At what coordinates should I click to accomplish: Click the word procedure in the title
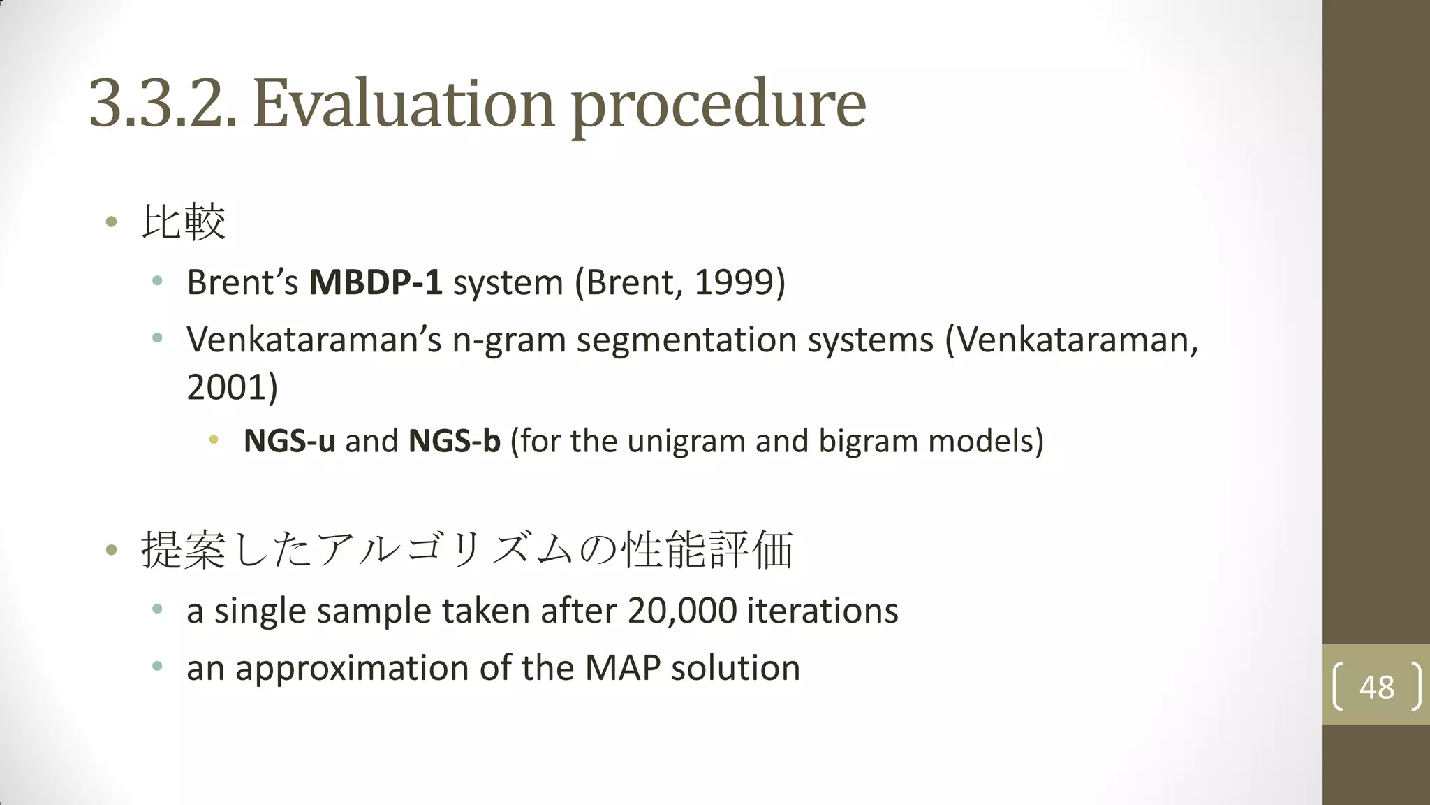[x=718, y=105]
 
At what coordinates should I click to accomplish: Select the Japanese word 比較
[x=184, y=222]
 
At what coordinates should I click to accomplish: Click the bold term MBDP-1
[x=376, y=282]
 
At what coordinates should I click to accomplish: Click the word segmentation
[x=686, y=340]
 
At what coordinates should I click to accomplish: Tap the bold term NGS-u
[x=289, y=441]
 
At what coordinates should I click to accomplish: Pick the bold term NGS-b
[x=455, y=441]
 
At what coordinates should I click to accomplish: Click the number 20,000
[x=682, y=611]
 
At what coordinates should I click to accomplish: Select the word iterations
[x=822, y=611]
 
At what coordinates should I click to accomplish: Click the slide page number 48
[x=1376, y=687]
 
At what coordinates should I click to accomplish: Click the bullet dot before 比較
[x=111, y=222]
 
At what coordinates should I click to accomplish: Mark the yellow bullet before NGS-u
[x=214, y=440]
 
